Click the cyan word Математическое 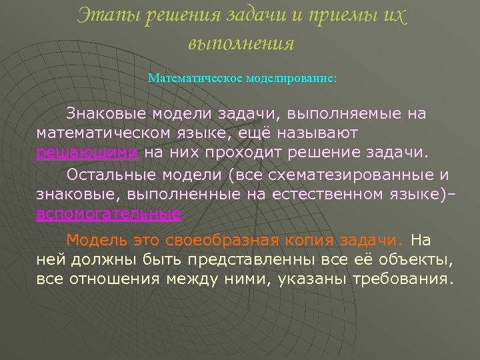(x=195, y=78)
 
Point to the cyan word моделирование (x=291, y=78)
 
